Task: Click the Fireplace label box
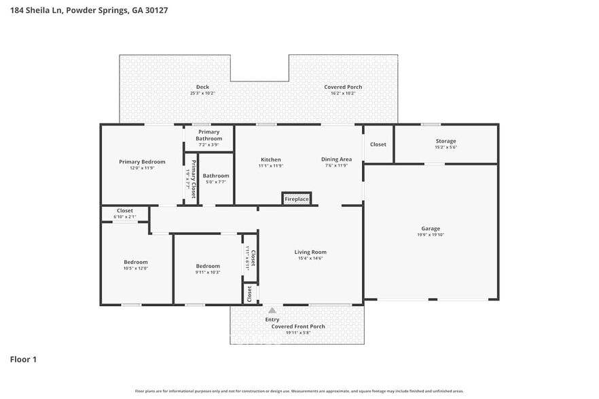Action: (297, 199)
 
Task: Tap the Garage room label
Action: (430, 229)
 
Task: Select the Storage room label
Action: (446, 141)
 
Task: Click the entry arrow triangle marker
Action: (272, 311)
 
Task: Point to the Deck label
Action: (202, 87)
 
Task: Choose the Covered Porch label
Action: (343, 87)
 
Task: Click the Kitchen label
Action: (270, 159)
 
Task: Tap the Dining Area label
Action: (336, 159)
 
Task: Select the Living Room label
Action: (310, 252)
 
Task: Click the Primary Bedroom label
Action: (142, 161)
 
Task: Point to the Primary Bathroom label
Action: (208, 135)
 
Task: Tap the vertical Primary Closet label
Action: (194, 178)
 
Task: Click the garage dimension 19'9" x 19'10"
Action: (430, 235)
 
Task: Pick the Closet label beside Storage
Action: (378, 144)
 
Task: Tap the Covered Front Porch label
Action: (298, 326)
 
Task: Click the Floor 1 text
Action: (22, 359)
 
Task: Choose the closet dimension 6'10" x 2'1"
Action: (125, 216)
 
